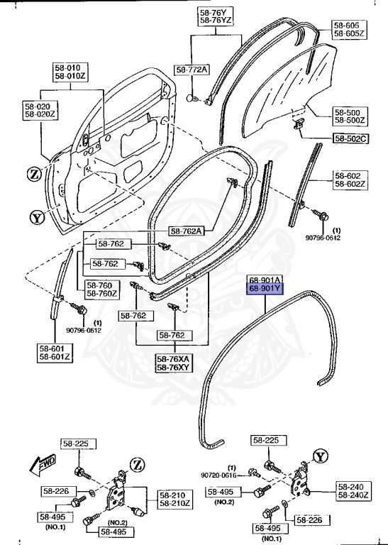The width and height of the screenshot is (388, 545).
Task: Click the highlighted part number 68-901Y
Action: [x=265, y=289]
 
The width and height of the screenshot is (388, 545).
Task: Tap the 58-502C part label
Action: [x=350, y=138]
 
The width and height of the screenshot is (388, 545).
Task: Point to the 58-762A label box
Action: [x=186, y=231]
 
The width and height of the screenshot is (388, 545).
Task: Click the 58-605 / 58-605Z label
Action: [x=348, y=29]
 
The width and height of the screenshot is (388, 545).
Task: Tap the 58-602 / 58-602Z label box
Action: [x=350, y=180]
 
